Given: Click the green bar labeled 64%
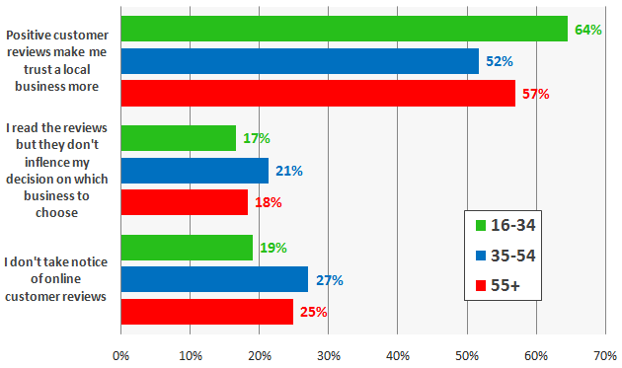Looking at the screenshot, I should (x=344, y=30).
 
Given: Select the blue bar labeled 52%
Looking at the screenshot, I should (x=299, y=61).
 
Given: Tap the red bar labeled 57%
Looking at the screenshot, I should (x=318, y=94).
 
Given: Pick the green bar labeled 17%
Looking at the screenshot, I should (x=179, y=138).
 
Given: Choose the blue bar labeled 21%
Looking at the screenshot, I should (x=194, y=171).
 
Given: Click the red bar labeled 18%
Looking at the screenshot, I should (x=185, y=202).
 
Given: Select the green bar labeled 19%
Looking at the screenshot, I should (x=187, y=248).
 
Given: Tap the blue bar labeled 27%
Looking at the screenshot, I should (x=214, y=280).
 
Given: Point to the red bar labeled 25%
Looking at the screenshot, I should (x=207, y=312).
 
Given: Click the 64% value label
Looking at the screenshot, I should (x=588, y=30).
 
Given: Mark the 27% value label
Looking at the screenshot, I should (x=329, y=280).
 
